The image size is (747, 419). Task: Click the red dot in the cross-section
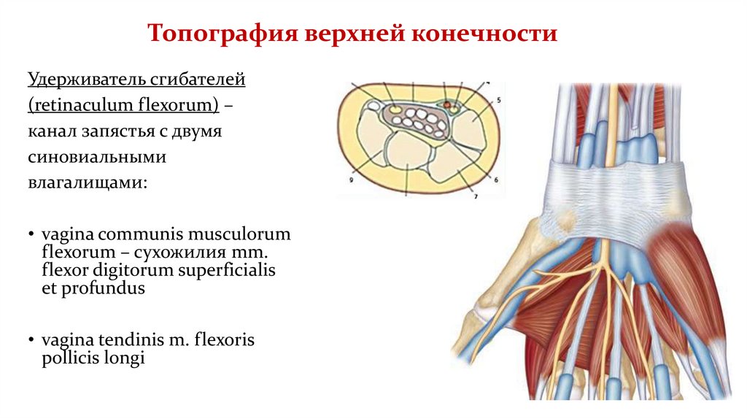pyautogui.click(x=446, y=106)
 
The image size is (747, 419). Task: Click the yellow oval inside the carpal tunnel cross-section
pyautogui.click(x=395, y=109)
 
